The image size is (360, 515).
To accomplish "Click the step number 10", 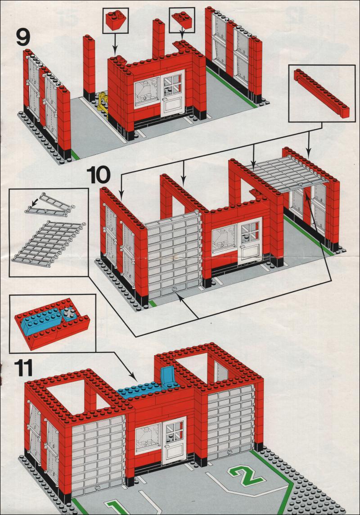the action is tap(99, 175).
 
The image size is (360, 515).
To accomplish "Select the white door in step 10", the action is tap(251, 240).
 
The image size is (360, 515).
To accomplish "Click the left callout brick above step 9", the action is tap(115, 20).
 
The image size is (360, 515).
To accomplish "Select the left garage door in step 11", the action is tap(98, 456).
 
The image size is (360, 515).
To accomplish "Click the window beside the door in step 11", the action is tap(148, 438).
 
